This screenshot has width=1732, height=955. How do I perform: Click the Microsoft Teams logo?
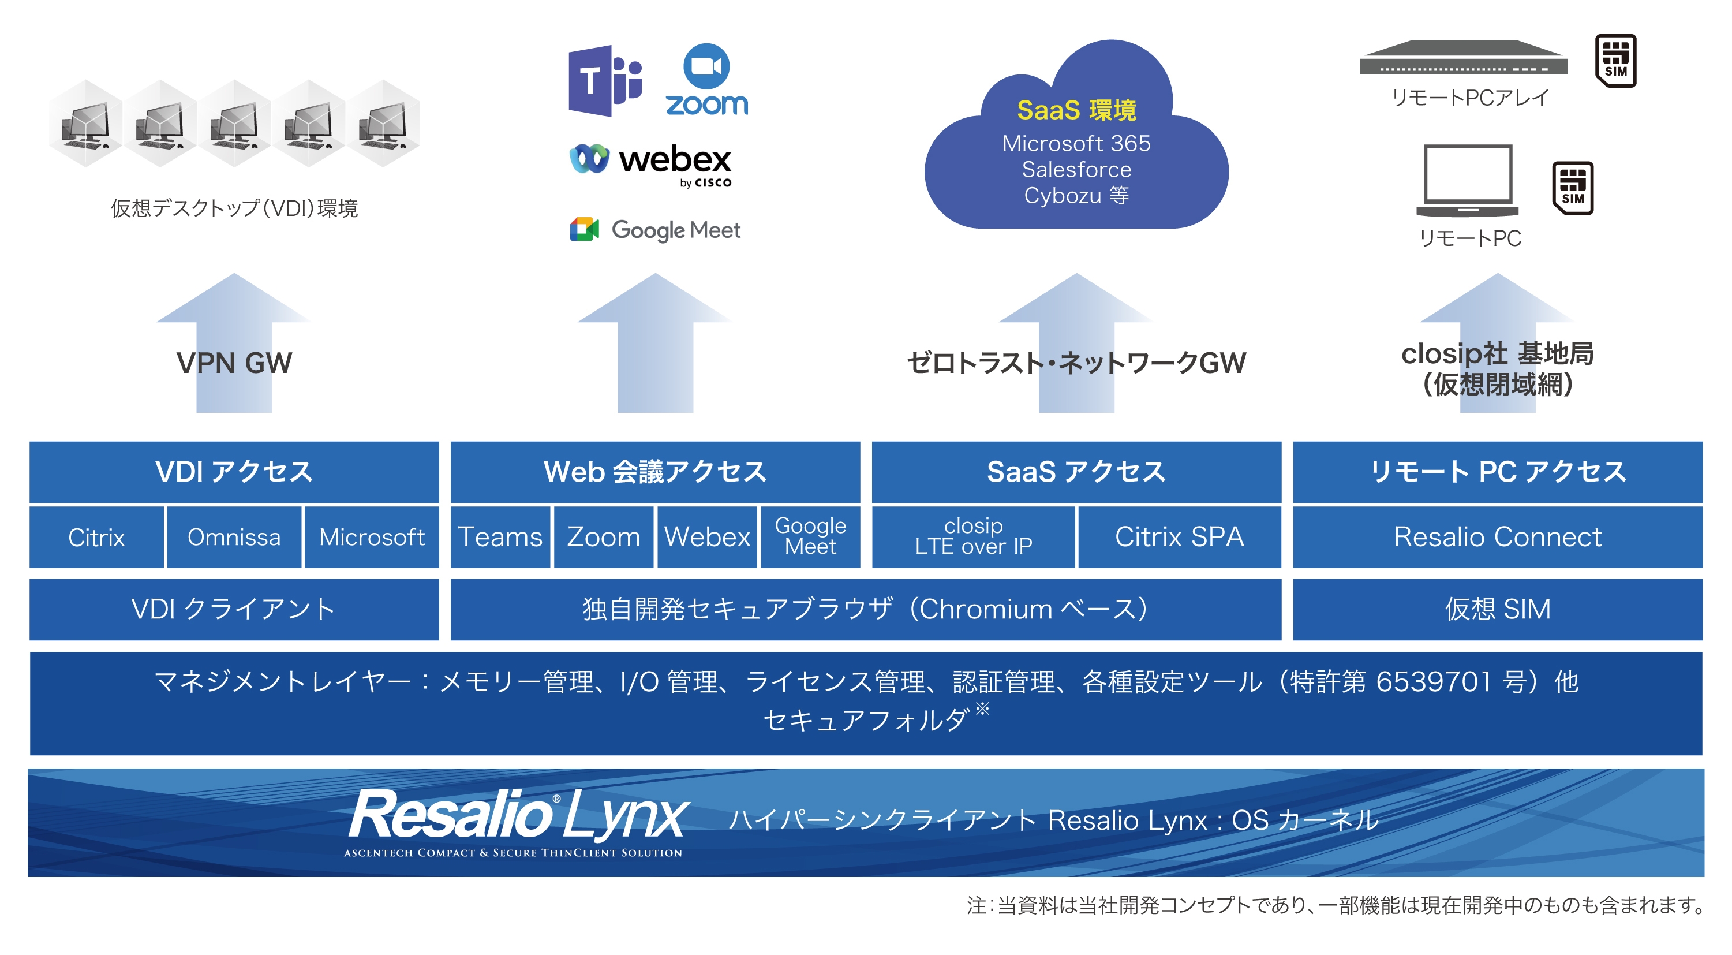pos(604,81)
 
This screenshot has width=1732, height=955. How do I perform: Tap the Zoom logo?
pos(706,81)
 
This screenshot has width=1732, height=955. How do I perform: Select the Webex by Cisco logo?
pos(651,163)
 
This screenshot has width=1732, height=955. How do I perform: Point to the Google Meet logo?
pos(655,230)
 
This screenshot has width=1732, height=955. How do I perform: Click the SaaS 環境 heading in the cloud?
pos(1076,110)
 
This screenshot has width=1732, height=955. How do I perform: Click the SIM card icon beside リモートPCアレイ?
pos(1615,61)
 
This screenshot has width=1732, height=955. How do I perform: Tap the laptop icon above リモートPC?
pos(1468,180)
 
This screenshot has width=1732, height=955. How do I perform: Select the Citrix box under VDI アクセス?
pos(96,538)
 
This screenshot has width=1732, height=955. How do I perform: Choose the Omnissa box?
pos(234,538)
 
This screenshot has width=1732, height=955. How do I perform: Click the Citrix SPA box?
pos(1179,538)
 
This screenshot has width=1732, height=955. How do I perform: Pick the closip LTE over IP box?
pos(973,538)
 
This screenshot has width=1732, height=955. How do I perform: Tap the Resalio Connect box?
pos(1497,538)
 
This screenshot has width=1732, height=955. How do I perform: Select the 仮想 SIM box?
pos(1497,609)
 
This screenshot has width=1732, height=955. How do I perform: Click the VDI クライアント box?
pos(234,609)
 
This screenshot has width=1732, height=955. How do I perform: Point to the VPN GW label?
pos(234,363)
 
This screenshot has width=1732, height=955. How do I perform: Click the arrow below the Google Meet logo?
pos(655,343)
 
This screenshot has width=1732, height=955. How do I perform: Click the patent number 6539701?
pos(1434,682)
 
